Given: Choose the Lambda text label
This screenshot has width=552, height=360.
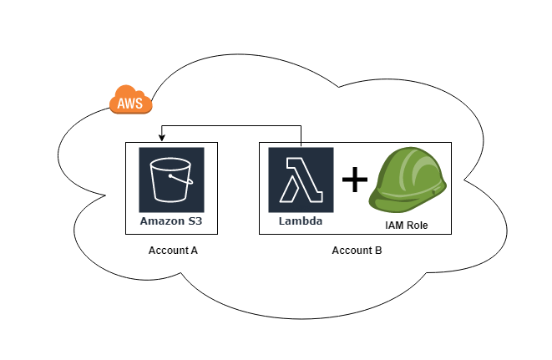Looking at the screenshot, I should point(301,223).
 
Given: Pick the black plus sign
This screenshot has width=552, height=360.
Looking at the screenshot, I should point(355,180).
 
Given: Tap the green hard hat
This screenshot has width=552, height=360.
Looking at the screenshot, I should point(410,183).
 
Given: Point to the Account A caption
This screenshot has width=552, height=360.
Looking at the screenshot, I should point(173,251).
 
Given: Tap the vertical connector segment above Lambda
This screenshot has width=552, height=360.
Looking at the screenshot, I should point(301,135).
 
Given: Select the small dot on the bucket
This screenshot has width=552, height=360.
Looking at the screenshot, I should point(171,176).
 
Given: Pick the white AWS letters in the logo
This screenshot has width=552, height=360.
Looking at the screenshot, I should point(130,104).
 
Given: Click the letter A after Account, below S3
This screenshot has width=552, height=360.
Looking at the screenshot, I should point(194,251).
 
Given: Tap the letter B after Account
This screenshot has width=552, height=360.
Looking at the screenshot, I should point(378,251).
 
